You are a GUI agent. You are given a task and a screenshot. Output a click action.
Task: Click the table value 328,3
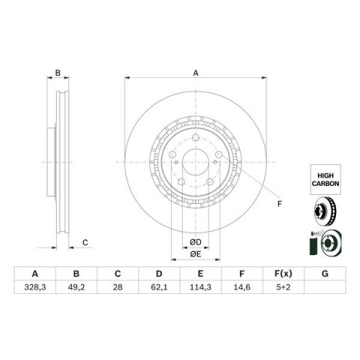coord(35,287)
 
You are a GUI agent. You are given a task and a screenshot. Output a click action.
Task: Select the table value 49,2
coord(76,287)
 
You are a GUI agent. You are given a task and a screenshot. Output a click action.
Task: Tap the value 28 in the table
coord(118,287)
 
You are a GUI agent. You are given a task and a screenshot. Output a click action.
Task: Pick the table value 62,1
coord(159,287)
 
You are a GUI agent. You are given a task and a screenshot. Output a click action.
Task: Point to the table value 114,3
coord(200,287)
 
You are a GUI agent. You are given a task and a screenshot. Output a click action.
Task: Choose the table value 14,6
coord(241,287)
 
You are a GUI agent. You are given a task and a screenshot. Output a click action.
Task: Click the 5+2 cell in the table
coord(283,287)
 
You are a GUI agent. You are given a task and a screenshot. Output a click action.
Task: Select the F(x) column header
coord(283,274)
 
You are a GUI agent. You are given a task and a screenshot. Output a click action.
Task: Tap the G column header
coord(325,274)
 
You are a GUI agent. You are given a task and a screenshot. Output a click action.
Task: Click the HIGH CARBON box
coord(325,179)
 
